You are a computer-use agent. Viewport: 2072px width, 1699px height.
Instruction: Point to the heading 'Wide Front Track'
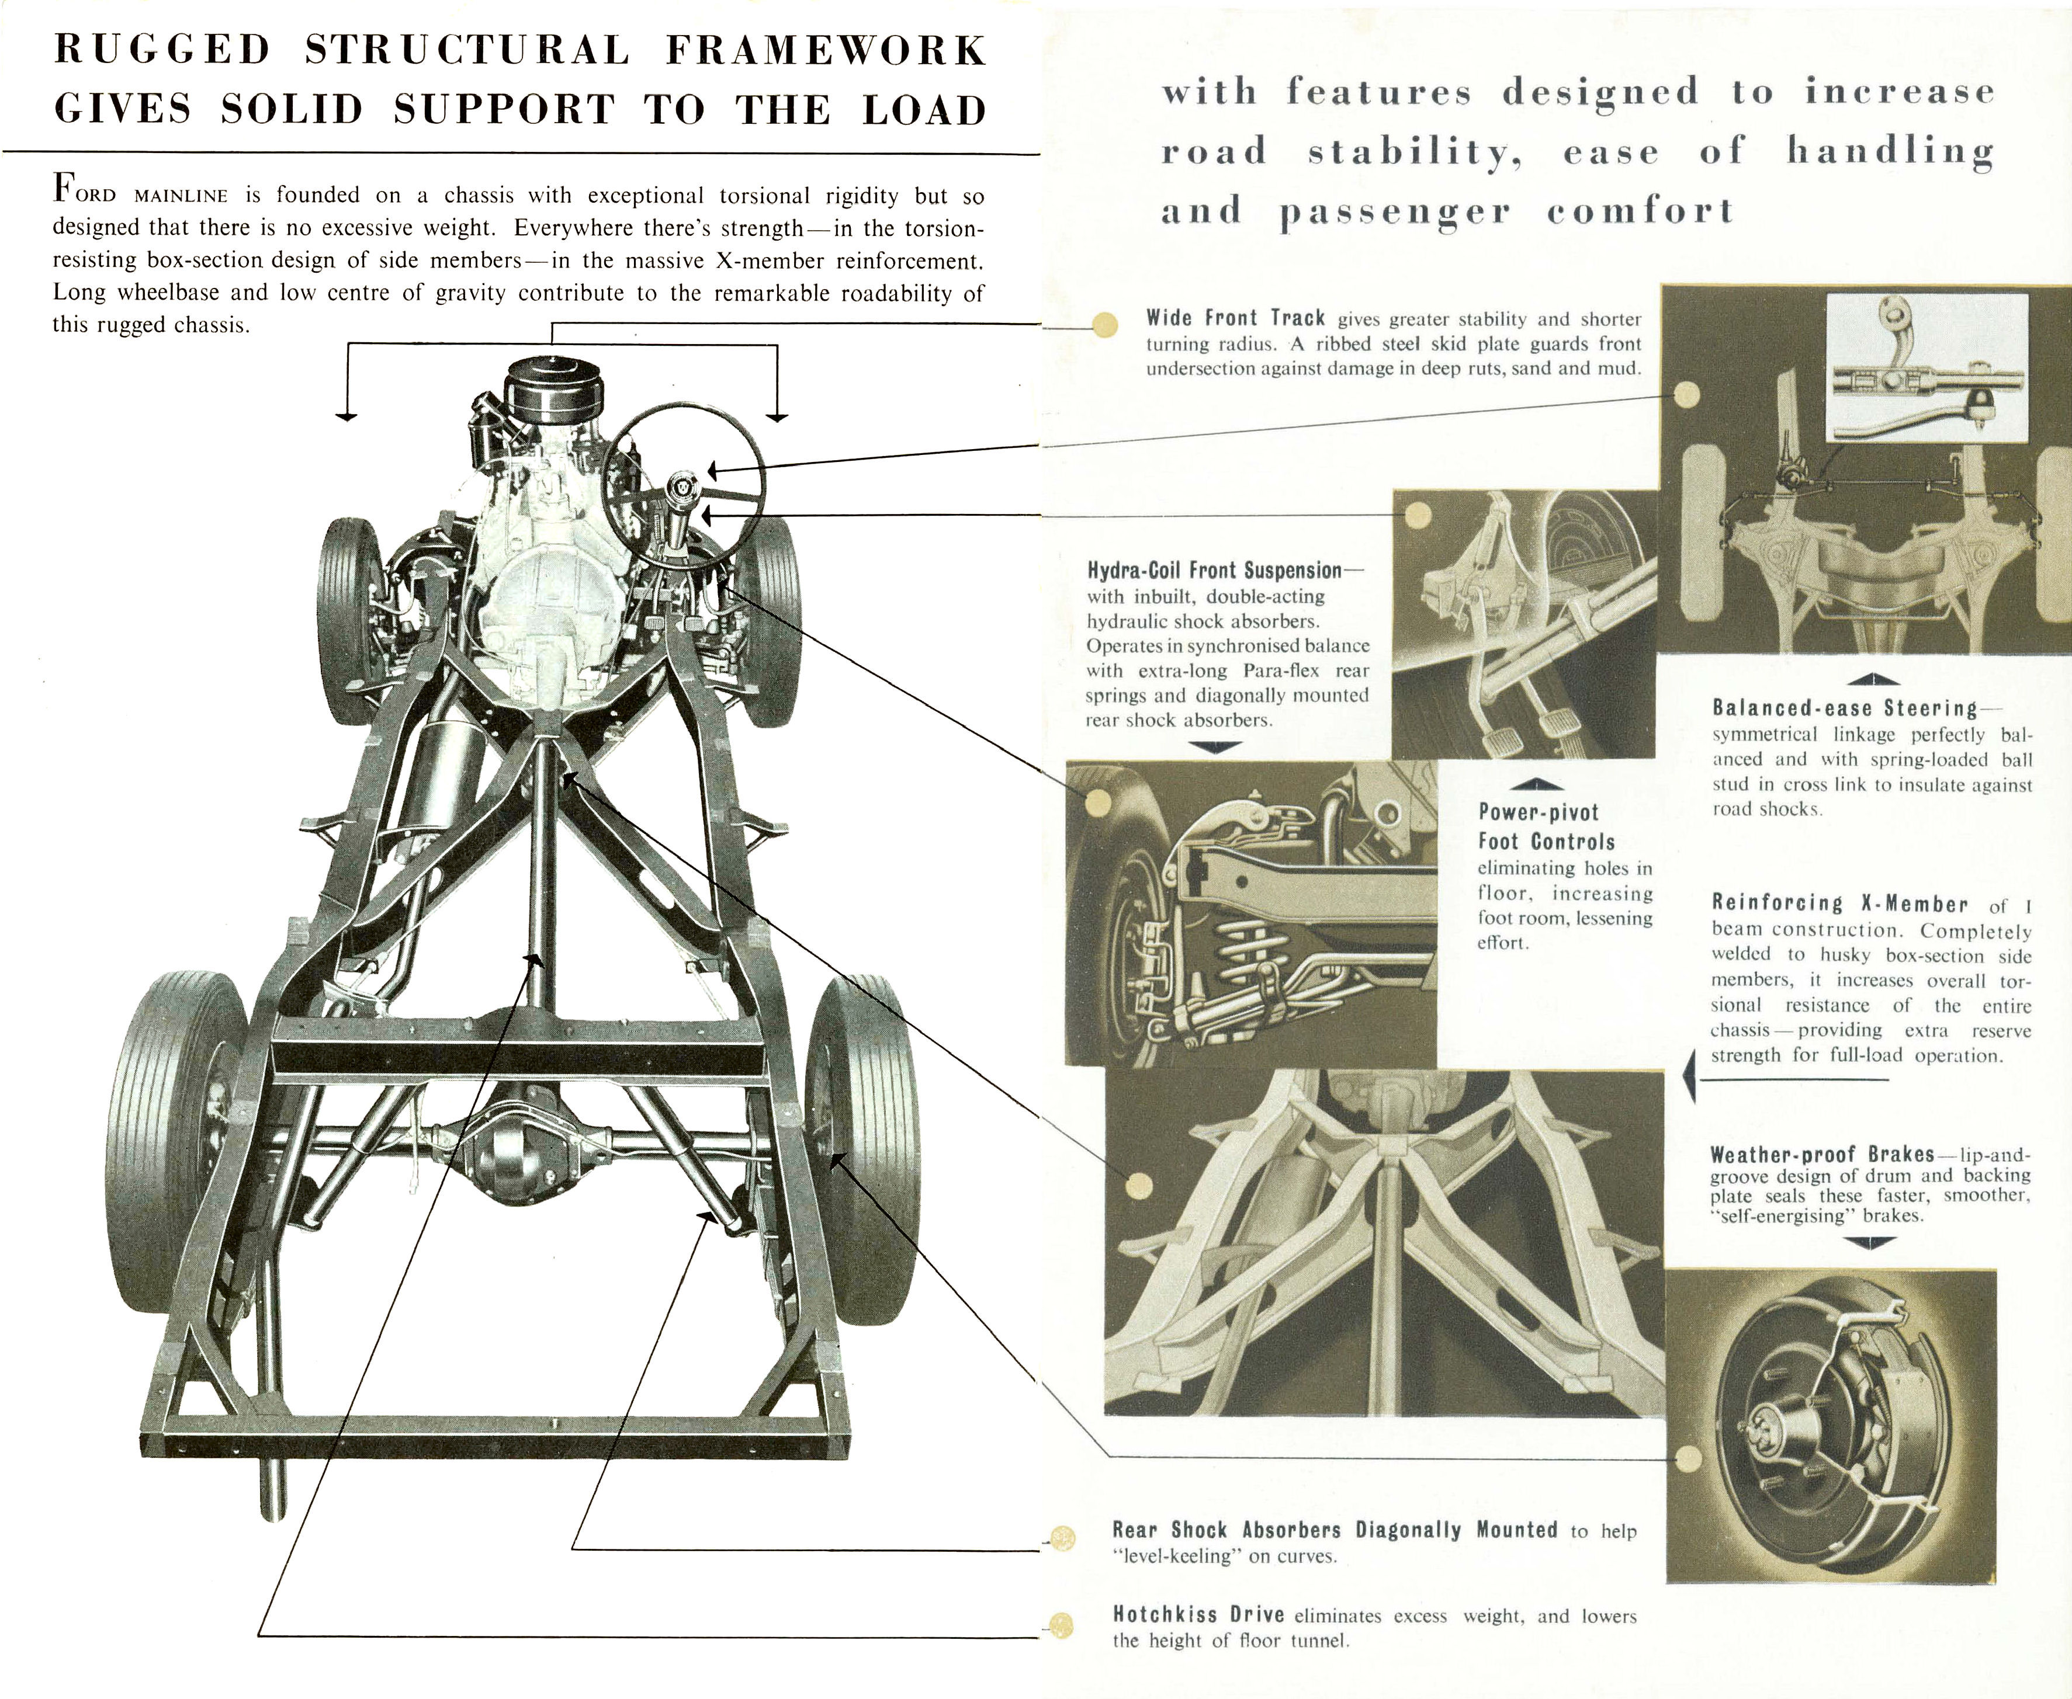[x=1236, y=318]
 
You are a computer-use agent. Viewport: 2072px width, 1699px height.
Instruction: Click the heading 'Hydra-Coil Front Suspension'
[x=1214, y=569]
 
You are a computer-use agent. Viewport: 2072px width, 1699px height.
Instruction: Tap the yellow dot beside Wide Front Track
[x=1104, y=324]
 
